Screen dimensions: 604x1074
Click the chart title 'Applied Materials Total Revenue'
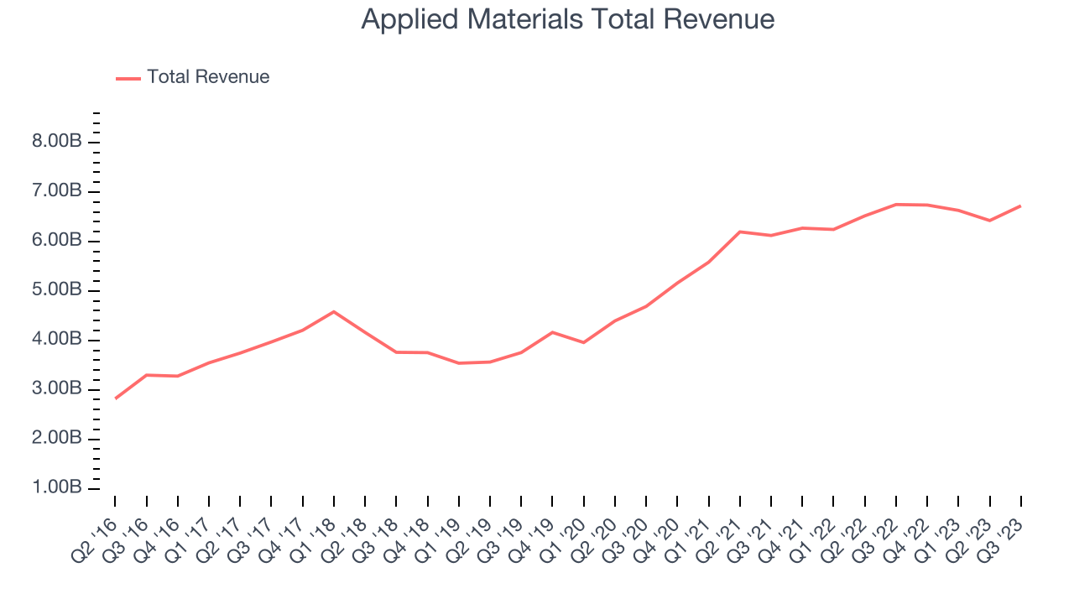(x=567, y=19)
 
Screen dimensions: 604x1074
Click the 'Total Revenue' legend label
(x=208, y=77)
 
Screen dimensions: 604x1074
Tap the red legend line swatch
(x=128, y=78)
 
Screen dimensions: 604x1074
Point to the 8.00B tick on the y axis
(x=57, y=142)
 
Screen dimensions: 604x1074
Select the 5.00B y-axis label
(x=57, y=290)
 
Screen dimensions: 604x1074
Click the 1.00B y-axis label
(x=57, y=488)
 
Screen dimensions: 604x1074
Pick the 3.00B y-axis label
(x=57, y=389)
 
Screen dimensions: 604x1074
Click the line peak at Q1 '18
(x=334, y=311)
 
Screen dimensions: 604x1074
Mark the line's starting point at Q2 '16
(x=115, y=398)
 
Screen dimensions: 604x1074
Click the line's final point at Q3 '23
(x=1021, y=206)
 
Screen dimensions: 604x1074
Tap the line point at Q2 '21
(x=740, y=232)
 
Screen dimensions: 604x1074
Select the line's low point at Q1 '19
(x=459, y=363)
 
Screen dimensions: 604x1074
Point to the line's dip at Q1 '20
(x=583, y=342)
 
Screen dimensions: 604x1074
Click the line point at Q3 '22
(x=896, y=204)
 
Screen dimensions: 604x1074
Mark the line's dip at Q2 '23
(x=990, y=221)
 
